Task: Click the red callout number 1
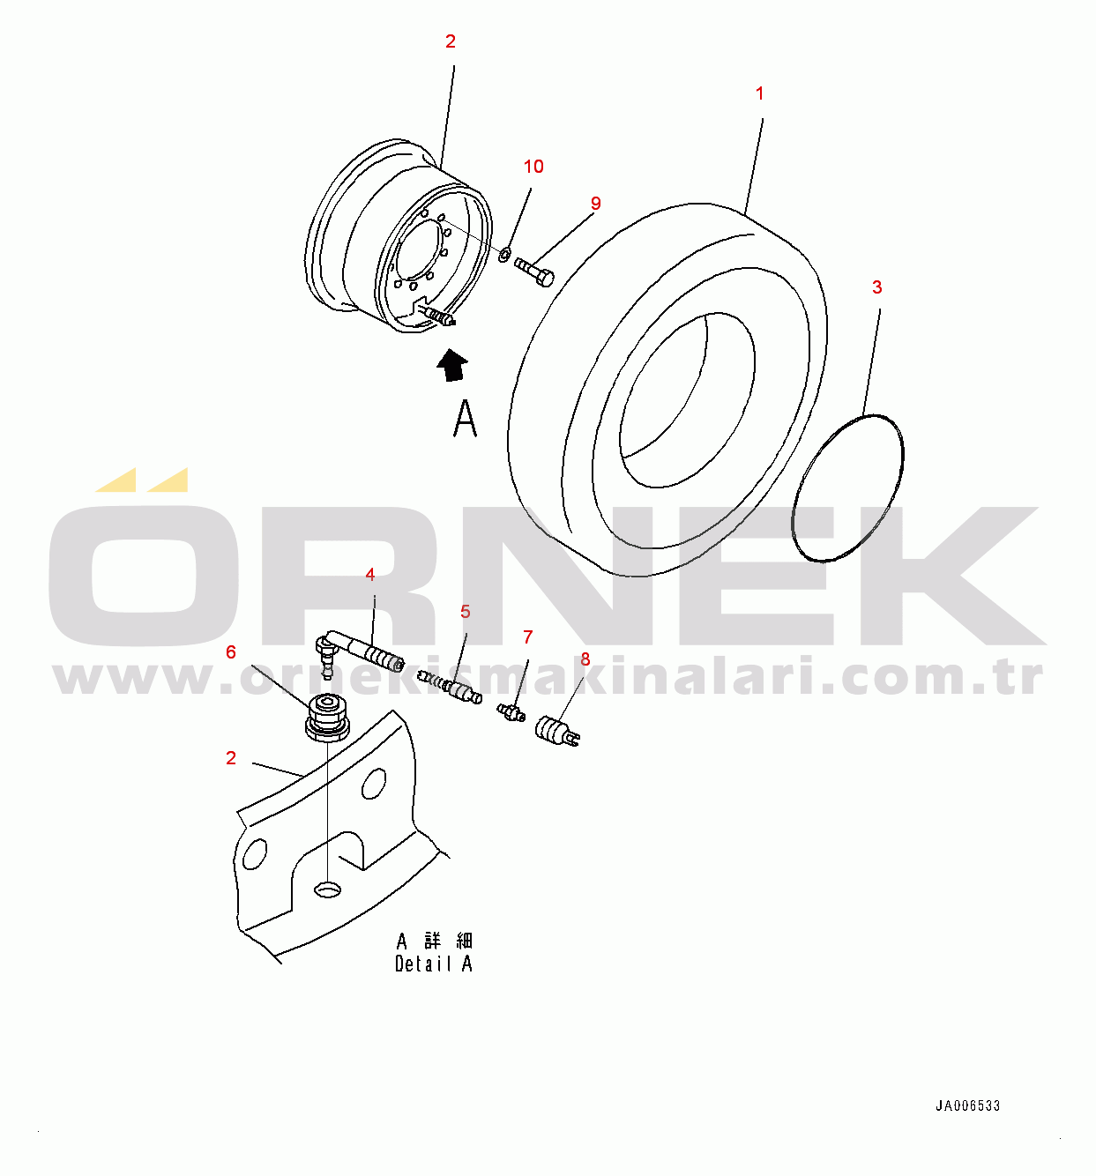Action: point(759,93)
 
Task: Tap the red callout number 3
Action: point(876,287)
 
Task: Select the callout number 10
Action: point(533,167)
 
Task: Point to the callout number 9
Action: point(595,204)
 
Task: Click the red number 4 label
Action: point(370,575)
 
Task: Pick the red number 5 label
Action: point(465,612)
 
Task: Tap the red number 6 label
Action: point(231,652)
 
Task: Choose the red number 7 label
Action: point(527,637)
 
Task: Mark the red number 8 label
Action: point(585,659)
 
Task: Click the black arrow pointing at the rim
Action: point(452,364)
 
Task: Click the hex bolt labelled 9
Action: point(534,272)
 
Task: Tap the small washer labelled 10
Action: point(504,255)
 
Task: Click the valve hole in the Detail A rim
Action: point(328,889)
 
